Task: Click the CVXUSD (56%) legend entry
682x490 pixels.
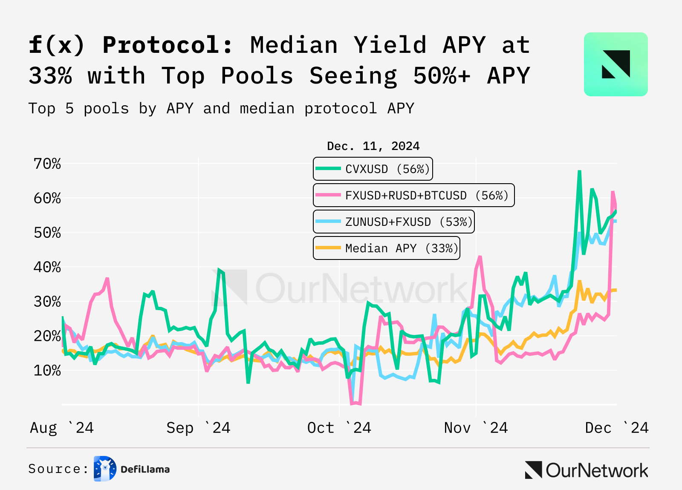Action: (x=373, y=169)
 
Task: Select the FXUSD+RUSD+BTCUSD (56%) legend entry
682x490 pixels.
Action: (x=413, y=195)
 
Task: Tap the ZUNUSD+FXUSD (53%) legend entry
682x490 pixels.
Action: (x=394, y=222)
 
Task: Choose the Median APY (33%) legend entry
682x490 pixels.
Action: (x=386, y=248)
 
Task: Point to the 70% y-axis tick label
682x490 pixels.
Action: (x=47, y=164)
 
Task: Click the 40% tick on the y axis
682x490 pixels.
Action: (x=47, y=267)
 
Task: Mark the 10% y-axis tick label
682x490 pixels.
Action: (x=47, y=370)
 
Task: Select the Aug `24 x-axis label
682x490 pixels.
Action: (x=62, y=427)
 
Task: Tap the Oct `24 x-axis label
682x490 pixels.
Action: (x=339, y=427)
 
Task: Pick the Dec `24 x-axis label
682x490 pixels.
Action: (x=616, y=427)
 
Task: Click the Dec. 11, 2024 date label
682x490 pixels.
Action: (x=373, y=146)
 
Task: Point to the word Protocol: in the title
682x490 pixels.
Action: (x=168, y=45)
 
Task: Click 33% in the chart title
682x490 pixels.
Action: (x=50, y=75)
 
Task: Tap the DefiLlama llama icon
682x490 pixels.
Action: (x=105, y=469)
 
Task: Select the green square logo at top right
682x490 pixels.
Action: (x=616, y=64)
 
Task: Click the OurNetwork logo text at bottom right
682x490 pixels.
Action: (x=596, y=470)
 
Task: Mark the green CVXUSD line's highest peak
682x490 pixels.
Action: (x=579, y=172)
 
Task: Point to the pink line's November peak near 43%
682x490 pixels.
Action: (x=480, y=257)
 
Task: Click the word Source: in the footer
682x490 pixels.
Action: (x=58, y=469)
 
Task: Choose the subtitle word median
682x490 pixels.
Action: (x=267, y=108)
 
